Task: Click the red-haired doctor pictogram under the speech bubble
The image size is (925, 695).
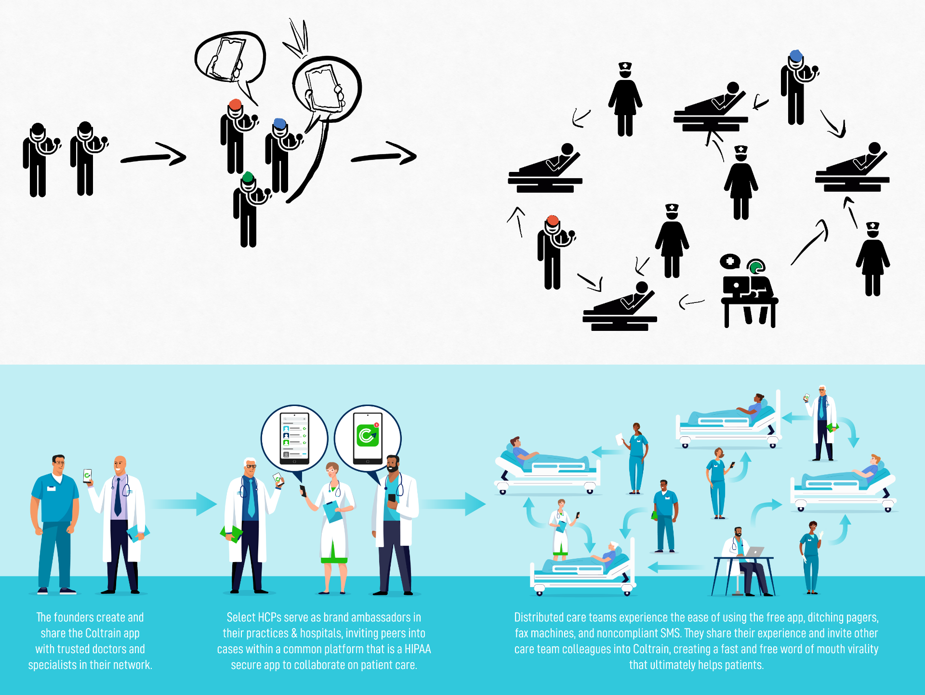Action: point(236,137)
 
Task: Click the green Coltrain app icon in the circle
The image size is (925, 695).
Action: point(368,436)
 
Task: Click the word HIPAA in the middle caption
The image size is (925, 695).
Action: point(418,649)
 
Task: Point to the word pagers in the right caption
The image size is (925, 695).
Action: point(863,617)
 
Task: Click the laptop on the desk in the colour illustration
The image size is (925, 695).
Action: point(754,552)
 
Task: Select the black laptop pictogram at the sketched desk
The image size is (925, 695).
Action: point(736,286)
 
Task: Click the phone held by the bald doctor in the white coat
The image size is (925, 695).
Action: point(87,475)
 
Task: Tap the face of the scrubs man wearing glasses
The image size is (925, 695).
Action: point(58,465)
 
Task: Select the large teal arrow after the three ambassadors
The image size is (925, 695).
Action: point(455,504)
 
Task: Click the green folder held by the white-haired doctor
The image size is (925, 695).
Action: point(231,534)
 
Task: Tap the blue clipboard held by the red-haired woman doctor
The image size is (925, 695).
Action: point(332,511)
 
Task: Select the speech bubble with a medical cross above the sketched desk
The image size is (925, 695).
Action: point(730,262)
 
